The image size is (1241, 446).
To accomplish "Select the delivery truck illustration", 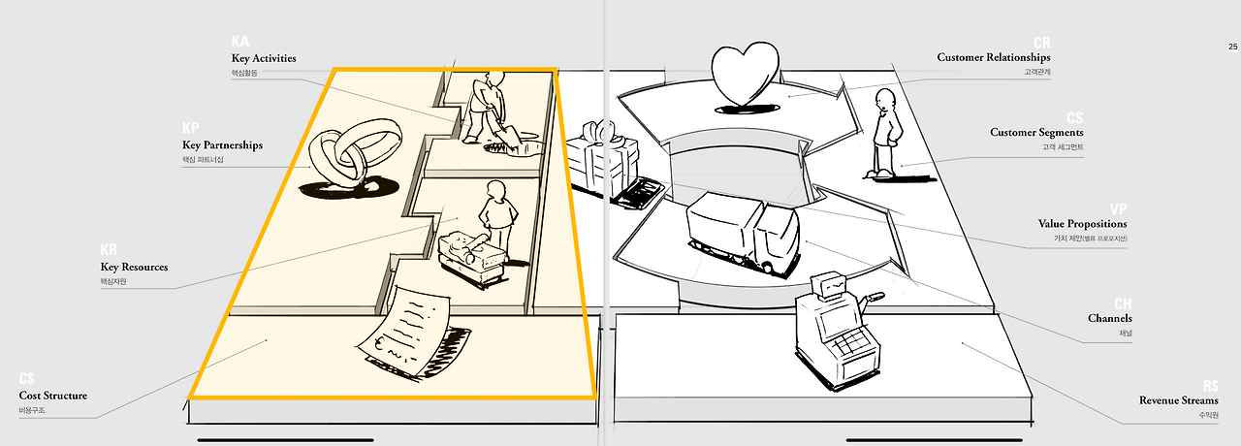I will (x=741, y=229).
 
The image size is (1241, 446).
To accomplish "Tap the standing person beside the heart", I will (x=884, y=134).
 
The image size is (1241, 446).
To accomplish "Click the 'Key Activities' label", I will (x=264, y=58).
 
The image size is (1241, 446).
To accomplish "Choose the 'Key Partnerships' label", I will (x=222, y=145).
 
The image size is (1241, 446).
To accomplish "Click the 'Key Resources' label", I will (x=134, y=267).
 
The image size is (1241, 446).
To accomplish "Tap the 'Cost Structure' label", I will (x=52, y=396).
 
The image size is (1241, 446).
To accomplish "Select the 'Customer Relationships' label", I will (x=993, y=57).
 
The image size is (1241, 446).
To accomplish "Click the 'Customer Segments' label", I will (x=1036, y=132).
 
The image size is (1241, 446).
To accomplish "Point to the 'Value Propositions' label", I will (x=1083, y=223).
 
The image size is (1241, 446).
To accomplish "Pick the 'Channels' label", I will (x=1109, y=318).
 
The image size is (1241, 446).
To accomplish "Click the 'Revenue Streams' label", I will (x=1178, y=399).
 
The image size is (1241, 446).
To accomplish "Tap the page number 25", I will (x=1232, y=48).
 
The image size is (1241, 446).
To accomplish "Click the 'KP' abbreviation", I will (x=191, y=129).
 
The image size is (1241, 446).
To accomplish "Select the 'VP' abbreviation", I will (x=1118, y=208).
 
